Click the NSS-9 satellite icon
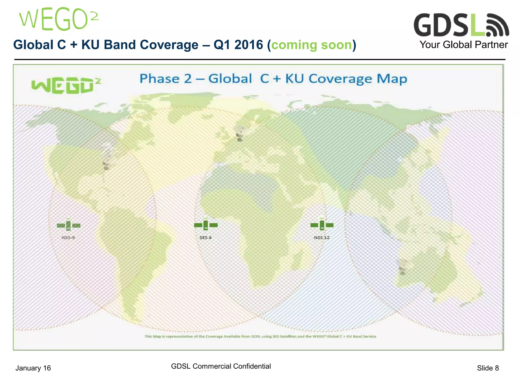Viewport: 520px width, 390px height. pyautogui.click(x=69, y=225)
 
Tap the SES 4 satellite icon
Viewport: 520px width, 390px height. pyautogui.click(x=206, y=225)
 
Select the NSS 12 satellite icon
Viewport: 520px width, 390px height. pyautogui.click(x=322, y=225)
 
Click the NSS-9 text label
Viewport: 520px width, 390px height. pyautogui.click(x=68, y=238)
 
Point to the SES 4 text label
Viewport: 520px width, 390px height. pyautogui.click(x=205, y=238)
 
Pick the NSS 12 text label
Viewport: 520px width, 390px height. pyautogui.click(x=321, y=238)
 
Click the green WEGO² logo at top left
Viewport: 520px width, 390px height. pyautogui.click(x=58, y=19)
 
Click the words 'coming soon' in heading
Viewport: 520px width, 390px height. pyautogui.click(x=312, y=45)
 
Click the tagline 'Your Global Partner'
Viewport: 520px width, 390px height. pyautogui.click(x=463, y=45)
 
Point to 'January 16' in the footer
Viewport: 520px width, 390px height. pyautogui.click(x=33, y=368)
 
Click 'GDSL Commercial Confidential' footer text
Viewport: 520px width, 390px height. pyautogui.click(x=221, y=366)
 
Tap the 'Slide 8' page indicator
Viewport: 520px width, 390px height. pyautogui.click(x=488, y=368)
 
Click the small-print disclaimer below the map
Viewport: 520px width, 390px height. pyautogui.click(x=260, y=336)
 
